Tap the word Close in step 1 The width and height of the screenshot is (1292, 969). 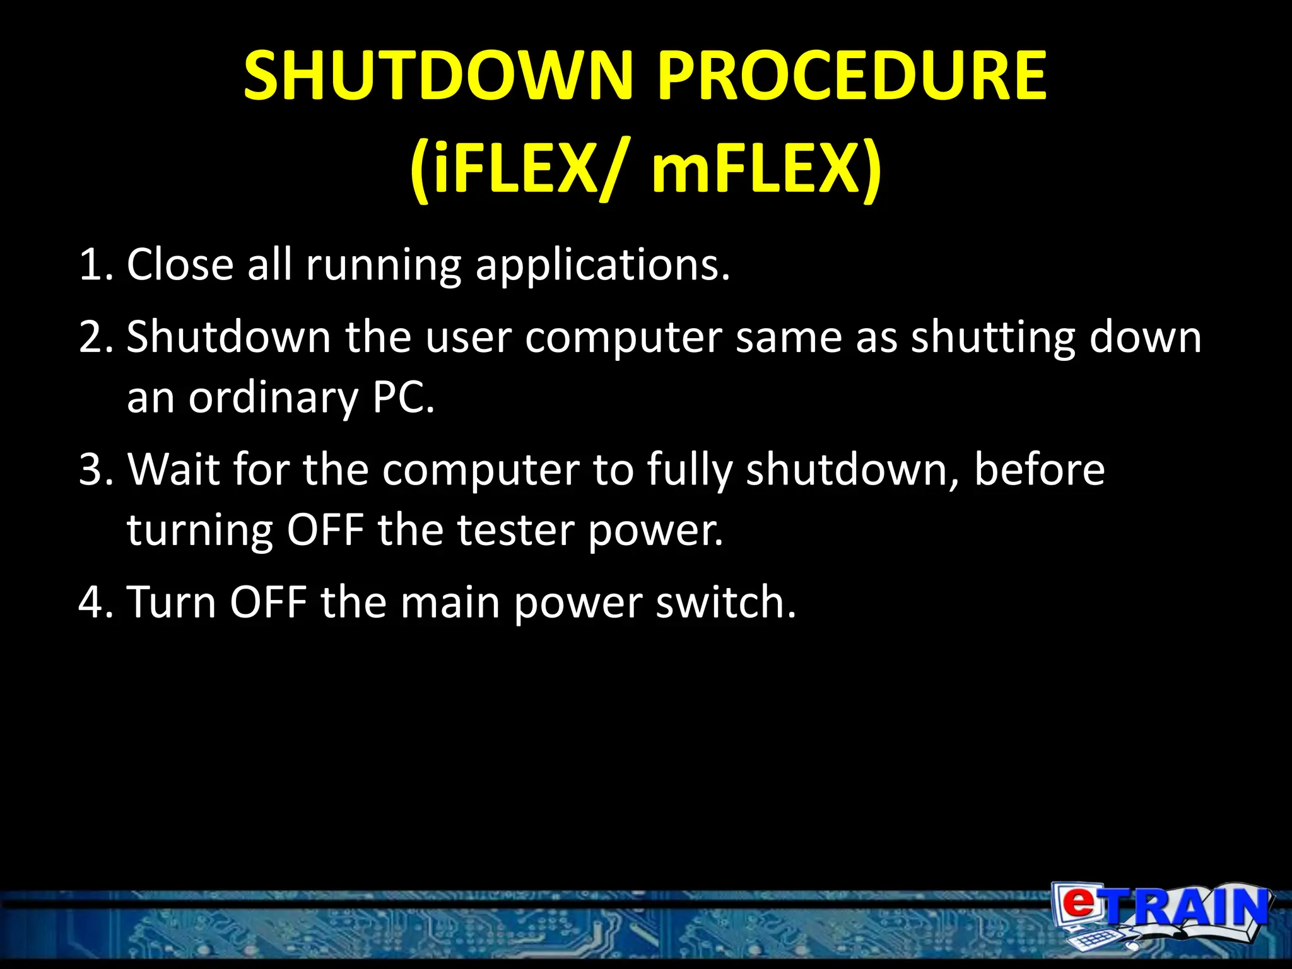click(180, 265)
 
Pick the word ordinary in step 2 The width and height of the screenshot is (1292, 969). click(273, 399)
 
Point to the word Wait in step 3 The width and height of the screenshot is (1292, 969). click(173, 470)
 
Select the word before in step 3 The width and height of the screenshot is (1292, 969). click(1039, 470)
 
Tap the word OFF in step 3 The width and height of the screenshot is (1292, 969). click(326, 530)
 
